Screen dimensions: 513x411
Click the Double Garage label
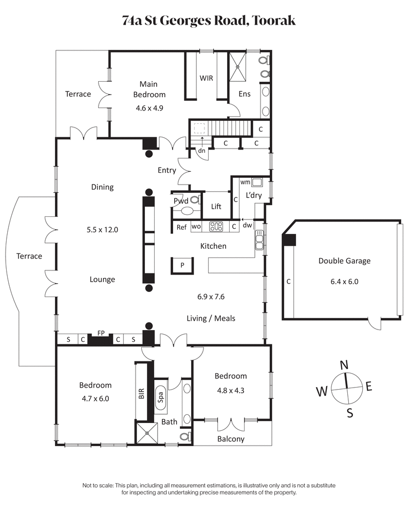coord(344,261)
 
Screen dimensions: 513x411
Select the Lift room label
coord(216,207)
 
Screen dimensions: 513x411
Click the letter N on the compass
coord(345,364)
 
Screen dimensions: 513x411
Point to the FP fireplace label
coord(101,333)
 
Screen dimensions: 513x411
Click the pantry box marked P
coord(181,265)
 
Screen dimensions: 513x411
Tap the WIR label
coord(206,79)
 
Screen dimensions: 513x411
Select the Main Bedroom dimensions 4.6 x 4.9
coord(149,108)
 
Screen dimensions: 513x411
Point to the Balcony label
coord(231,439)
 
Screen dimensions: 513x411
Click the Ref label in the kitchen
coord(181,227)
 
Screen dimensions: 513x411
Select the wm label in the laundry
coord(245,182)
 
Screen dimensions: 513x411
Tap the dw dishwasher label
coord(247,225)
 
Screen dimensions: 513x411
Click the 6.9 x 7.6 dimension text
coord(211,297)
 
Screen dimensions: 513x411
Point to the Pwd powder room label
coord(180,201)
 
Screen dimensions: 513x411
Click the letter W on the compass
coord(322,392)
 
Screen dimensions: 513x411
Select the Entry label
coord(167,170)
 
